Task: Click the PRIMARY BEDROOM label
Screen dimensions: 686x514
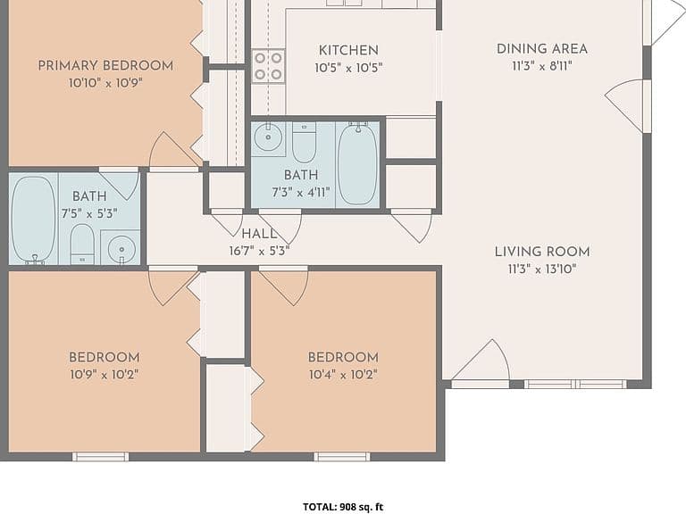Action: coord(105,65)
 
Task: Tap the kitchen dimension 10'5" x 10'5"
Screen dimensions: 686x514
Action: coord(348,68)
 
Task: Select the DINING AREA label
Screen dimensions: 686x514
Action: coord(542,48)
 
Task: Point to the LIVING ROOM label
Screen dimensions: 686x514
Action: coord(542,252)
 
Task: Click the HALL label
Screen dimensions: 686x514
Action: coord(259,234)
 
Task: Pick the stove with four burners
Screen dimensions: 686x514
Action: coord(268,66)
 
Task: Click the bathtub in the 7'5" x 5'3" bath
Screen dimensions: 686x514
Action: coord(33,220)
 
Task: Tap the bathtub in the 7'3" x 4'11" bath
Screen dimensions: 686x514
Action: coord(357,164)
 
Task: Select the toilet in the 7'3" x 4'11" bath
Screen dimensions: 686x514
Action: coord(304,142)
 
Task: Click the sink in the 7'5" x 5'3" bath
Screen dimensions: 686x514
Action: coord(121,247)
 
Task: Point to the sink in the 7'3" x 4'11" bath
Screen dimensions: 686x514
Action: coord(268,137)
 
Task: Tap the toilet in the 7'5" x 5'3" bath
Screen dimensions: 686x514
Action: coord(82,244)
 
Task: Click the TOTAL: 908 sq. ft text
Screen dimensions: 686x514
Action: coord(343,507)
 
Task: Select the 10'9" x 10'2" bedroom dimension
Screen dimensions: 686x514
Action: coord(105,375)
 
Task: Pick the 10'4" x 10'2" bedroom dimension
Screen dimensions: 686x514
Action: coord(343,375)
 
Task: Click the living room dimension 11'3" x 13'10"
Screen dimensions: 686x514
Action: coord(542,269)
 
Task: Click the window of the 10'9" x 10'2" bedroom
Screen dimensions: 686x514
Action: coord(101,457)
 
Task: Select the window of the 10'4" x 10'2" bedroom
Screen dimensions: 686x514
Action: coord(342,457)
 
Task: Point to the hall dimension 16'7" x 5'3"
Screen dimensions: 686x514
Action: coord(259,252)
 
